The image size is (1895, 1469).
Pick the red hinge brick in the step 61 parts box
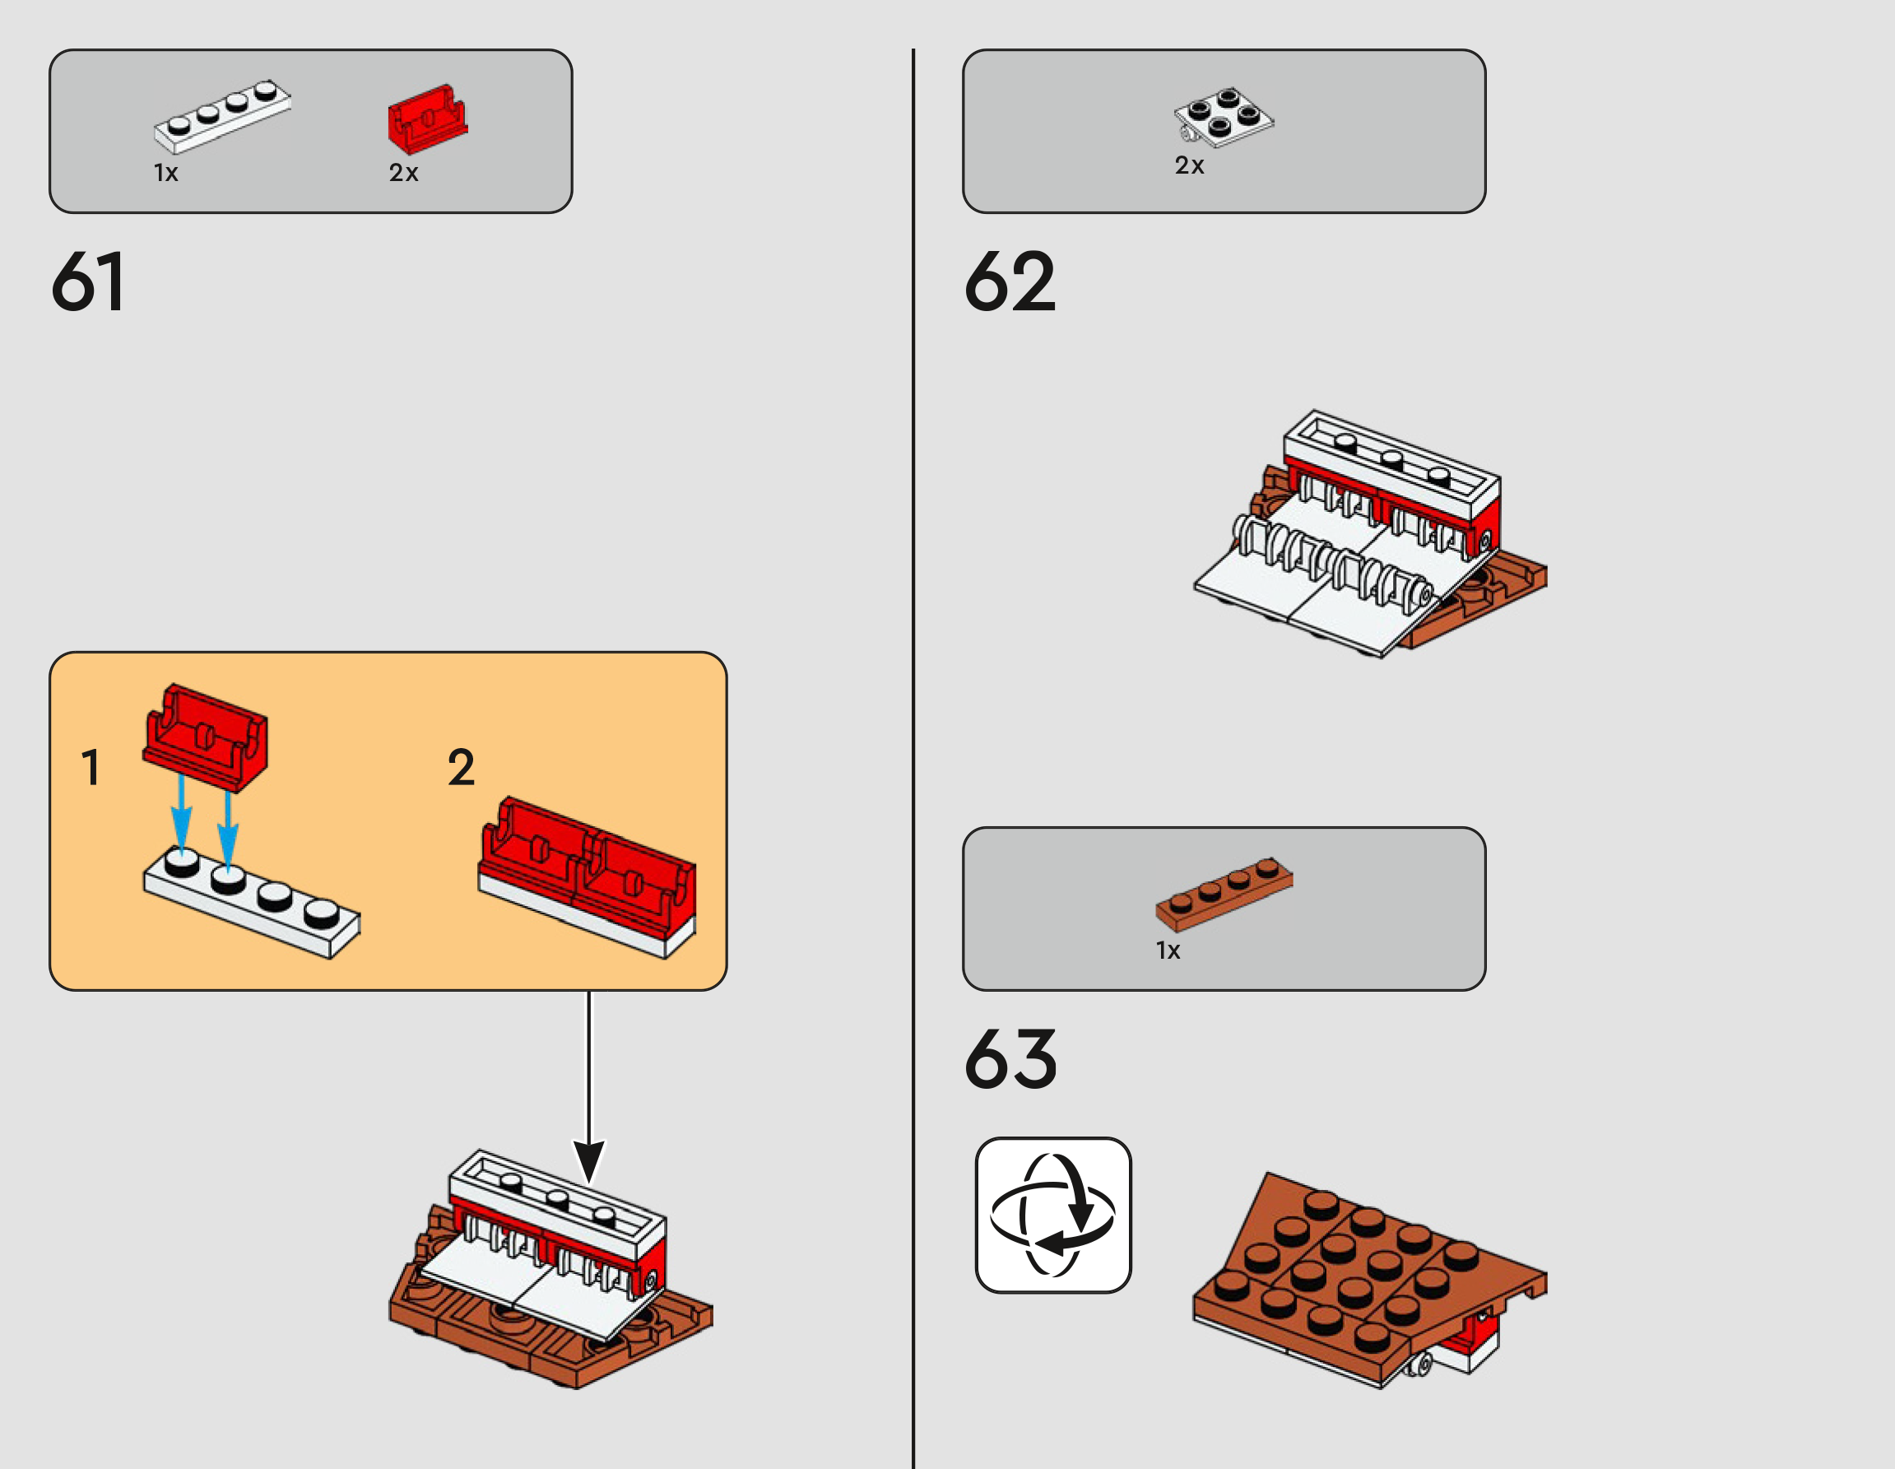click(x=427, y=119)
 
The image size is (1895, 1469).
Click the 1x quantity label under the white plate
click(x=165, y=173)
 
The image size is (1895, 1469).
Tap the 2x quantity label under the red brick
click(x=403, y=173)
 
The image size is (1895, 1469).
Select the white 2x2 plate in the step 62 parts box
click(x=1224, y=116)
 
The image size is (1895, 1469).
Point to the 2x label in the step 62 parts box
click(x=1190, y=165)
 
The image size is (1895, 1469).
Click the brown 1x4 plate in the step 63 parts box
click(x=1224, y=895)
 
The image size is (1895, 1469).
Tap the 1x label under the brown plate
click(x=1168, y=951)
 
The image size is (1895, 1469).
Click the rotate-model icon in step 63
click(x=1053, y=1215)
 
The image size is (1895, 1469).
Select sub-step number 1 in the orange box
click(x=91, y=767)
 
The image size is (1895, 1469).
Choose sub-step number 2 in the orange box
click(x=461, y=767)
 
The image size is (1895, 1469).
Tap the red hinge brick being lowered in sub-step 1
click(x=206, y=737)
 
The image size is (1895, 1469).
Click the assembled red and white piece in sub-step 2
click(x=588, y=877)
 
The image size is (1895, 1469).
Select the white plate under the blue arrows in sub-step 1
click(x=252, y=904)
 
